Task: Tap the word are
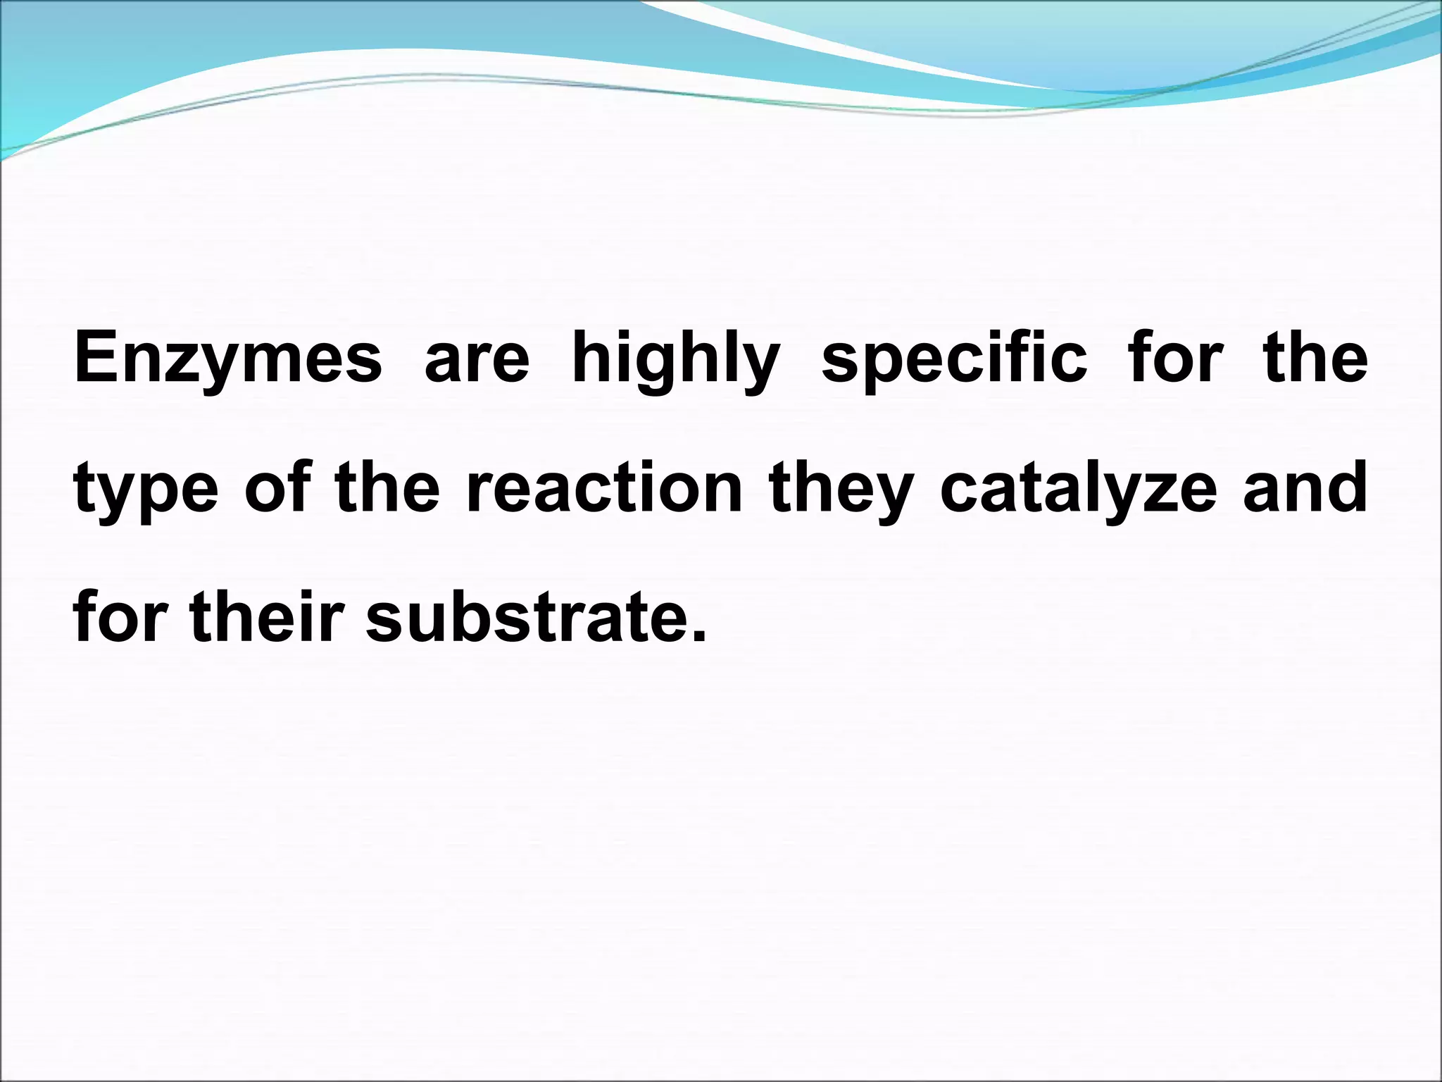point(477,359)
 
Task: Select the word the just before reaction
point(388,487)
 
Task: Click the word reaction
point(604,487)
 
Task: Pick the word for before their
point(120,616)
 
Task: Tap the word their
point(267,616)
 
